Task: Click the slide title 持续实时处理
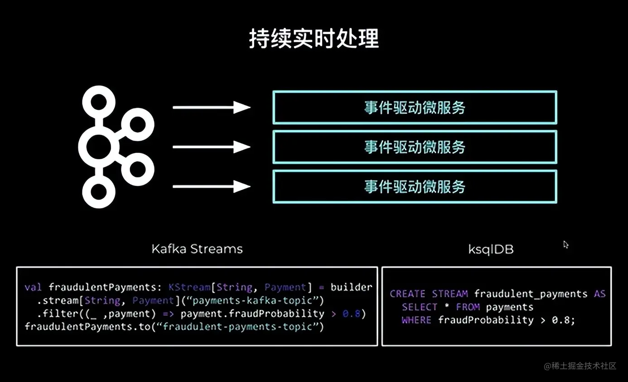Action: pos(314,39)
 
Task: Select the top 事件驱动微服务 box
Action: pos(415,108)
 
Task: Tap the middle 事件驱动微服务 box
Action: pos(415,147)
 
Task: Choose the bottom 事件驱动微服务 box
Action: pos(415,186)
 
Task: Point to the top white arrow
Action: pos(211,108)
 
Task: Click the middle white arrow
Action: pos(211,147)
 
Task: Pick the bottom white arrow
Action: pos(211,186)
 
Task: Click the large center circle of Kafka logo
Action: pos(98,147)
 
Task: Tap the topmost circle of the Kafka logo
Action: pos(98,102)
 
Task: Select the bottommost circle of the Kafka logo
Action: pos(98,192)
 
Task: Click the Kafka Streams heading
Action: pos(197,249)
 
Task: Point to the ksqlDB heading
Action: pos(491,249)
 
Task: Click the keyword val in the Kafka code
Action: pos(33,287)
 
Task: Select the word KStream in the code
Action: pos(189,287)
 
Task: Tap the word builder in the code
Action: pos(351,287)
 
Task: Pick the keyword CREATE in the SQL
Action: pos(407,294)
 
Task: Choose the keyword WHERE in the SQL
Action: pos(416,320)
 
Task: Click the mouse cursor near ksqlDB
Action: pos(565,244)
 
